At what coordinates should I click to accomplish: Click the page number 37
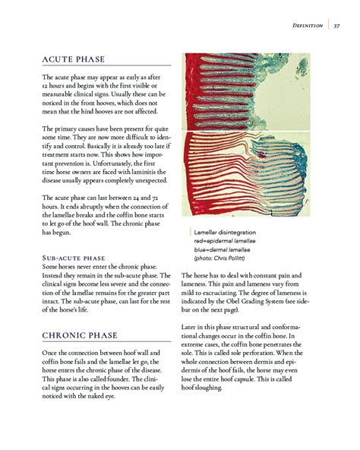pos(336,26)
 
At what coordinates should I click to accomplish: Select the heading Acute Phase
pos(74,60)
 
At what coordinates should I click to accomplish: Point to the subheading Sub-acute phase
pos(73,258)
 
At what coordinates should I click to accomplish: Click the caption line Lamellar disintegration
pos(225,232)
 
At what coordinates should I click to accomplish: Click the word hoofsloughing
pos(201,388)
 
